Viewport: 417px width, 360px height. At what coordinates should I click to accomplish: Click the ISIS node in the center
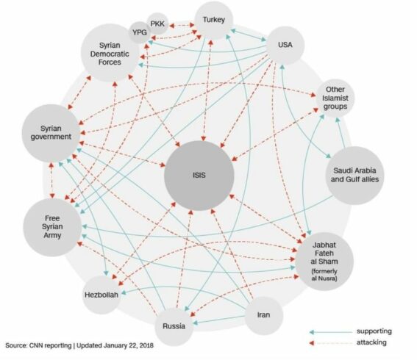(x=199, y=176)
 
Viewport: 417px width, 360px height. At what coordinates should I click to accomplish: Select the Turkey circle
(x=214, y=20)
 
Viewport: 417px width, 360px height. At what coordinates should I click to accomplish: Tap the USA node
(x=285, y=45)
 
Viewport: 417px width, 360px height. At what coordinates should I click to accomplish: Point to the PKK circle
(x=157, y=24)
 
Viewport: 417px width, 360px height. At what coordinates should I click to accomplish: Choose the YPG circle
(x=140, y=32)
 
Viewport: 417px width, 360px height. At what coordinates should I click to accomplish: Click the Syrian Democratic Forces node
(x=110, y=53)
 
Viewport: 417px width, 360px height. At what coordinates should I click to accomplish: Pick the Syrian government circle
(x=51, y=133)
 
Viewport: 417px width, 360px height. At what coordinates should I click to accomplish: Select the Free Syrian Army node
(x=52, y=227)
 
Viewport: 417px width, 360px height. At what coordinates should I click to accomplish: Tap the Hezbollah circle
(x=101, y=295)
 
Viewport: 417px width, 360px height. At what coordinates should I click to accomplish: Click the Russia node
(x=174, y=326)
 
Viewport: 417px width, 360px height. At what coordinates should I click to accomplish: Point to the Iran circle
(x=263, y=315)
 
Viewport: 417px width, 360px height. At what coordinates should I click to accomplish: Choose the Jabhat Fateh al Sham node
(x=324, y=262)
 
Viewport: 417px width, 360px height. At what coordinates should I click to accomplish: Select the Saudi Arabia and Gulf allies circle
(x=354, y=176)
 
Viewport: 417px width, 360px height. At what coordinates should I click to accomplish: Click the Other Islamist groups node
(x=335, y=98)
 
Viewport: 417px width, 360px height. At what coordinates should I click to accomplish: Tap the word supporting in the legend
(x=374, y=331)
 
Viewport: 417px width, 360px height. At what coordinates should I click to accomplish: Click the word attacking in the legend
(x=371, y=342)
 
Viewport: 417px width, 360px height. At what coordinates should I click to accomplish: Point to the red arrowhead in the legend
(x=312, y=343)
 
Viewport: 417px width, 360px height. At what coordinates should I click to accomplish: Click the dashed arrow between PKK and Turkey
(x=182, y=26)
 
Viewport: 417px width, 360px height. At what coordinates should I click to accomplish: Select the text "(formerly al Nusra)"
(x=324, y=275)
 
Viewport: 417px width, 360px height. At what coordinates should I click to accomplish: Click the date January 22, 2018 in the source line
(x=129, y=345)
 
